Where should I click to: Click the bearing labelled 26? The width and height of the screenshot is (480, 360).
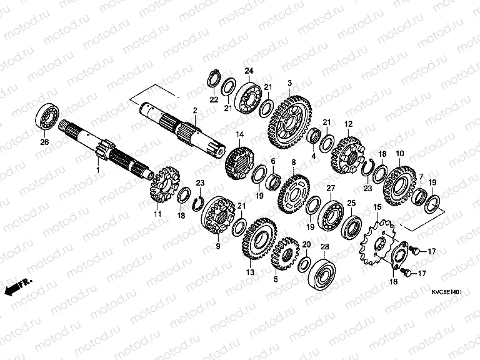(x=47, y=117)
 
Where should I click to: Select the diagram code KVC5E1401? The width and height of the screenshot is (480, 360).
(x=446, y=292)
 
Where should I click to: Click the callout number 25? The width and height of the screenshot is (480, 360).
(x=351, y=204)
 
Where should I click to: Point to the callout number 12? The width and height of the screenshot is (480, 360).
(x=348, y=124)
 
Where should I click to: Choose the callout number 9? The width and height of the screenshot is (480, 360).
(x=217, y=246)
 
